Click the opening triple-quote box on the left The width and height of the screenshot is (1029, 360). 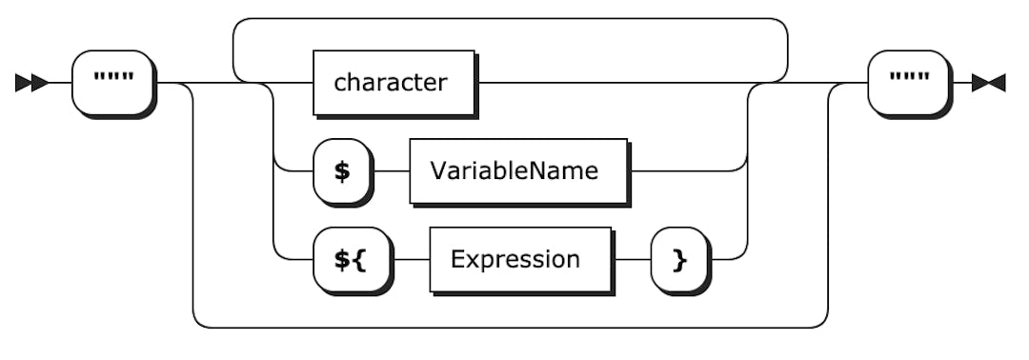click(x=112, y=83)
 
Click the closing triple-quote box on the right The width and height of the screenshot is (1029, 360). click(x=908, y=83)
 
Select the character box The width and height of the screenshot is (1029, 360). click(x=393, y=83)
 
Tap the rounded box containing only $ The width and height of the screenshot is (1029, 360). click(x=340, y=171)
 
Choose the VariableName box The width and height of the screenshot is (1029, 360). click(x=518, y=171)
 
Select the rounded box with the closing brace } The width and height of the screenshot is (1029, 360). click(x=678, y=259)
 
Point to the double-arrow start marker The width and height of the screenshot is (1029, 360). click(x=30, y=83)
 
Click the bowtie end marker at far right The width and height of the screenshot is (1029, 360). click(x=991, y=83)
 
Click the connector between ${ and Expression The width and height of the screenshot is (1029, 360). click(x=412, y=259)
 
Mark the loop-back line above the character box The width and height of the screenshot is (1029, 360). click(x=510, y=18)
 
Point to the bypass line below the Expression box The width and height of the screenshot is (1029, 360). click(x=510, y=328)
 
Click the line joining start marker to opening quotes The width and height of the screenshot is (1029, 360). click(x=59, y=83)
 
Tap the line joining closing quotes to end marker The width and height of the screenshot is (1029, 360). click(x=962, y=83)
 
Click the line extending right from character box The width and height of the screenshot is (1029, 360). click(x=610, y=83)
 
